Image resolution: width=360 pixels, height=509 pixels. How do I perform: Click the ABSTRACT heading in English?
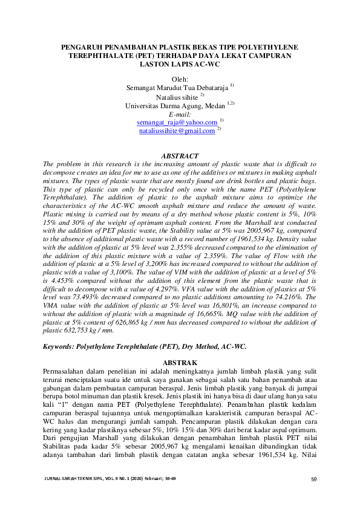click(180, 156)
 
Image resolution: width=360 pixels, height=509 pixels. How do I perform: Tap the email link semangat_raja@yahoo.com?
click(177, 122)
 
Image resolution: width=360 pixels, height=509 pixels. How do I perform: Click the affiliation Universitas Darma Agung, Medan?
click(175, 105)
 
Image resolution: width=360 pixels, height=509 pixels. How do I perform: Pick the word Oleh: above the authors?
click(180, 79)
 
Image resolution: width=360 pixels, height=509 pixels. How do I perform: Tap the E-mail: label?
click(180, 114)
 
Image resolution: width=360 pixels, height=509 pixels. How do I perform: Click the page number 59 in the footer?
click(313, 479)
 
